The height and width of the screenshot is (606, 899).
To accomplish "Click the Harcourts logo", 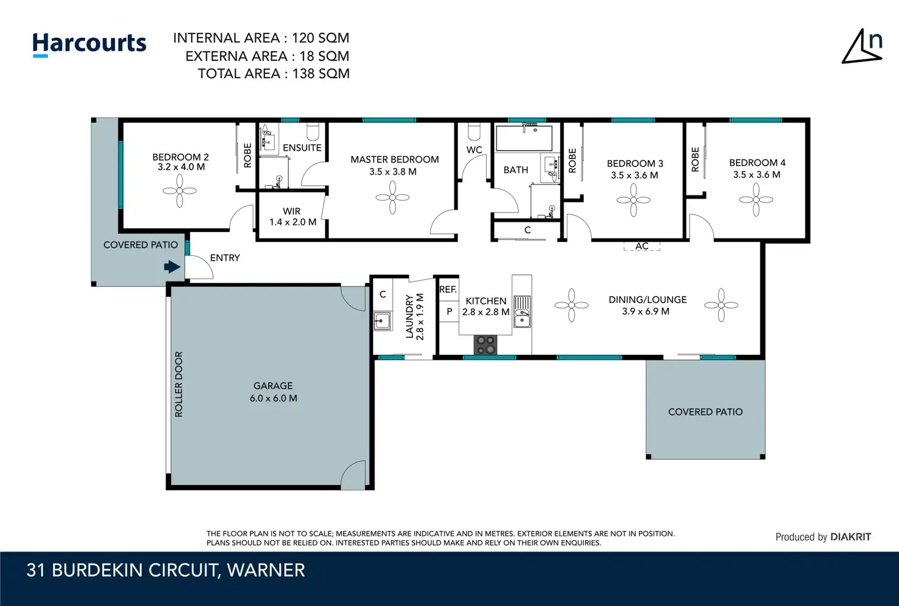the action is (x=89, y=44).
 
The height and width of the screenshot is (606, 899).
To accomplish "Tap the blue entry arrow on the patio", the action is (x=172, y=267).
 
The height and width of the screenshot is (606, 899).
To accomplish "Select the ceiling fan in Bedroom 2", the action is (x=180, y=191).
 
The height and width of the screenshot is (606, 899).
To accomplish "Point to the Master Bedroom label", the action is (x=394, y=166).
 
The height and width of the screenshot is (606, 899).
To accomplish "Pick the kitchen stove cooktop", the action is (x=486, y=345).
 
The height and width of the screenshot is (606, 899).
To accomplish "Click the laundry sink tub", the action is (x=382, y=321).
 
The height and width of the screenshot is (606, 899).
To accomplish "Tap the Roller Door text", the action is (x=178, y=384).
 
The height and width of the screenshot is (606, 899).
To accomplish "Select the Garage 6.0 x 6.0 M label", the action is (x=274, y=392).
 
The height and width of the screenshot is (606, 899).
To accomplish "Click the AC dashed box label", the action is (x=642, y=246).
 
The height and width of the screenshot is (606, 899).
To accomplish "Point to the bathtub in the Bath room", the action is (x=524, y=137).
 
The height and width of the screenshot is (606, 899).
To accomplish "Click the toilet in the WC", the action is (x=474, y=131).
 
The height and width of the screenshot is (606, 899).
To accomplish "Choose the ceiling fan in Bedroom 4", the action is (x=756, y=200).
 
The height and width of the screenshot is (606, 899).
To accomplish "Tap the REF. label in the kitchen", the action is (x=448, y=290).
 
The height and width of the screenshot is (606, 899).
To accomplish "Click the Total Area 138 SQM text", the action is (x=274, y=74).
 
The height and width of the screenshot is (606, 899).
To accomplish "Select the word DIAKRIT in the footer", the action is (x=851, y=537).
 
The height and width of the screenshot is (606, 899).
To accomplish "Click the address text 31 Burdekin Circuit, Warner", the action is (x=166, y=571).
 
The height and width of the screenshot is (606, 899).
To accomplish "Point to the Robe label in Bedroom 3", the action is (x=572, y=161).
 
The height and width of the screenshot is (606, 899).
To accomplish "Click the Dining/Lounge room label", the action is (x=647, y=305).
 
